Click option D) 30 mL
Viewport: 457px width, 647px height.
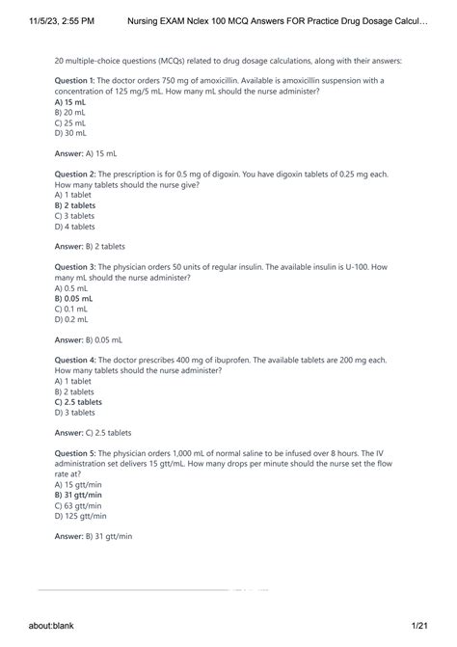(x=72, y=133)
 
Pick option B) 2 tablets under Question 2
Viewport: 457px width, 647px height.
(x=75, y=205)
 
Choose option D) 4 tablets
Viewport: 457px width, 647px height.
(x=75, y=227)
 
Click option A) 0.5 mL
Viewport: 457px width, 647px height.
(x=72, y=287)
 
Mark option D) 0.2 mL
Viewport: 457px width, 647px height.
(x=72, y=319)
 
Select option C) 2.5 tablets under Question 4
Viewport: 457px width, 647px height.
(x=78, y=402)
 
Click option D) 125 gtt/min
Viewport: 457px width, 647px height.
(x=80, y=516)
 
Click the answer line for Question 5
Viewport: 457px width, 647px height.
(x=94, y=536)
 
